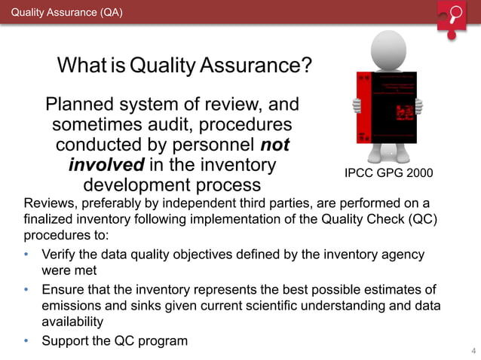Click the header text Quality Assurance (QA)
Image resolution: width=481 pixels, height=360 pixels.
tap(66, 13)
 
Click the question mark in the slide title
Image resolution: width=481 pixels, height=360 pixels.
tap(305, 66)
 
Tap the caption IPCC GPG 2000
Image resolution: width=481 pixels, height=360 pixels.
tap(388, 173)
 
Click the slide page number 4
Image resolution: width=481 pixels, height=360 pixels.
tap(473, 351)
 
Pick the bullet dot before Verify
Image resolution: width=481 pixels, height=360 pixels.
tap(26, 255)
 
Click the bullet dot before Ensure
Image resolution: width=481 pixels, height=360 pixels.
tap(26, 289)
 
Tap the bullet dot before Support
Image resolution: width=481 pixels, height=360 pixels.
tap(26, 340)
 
